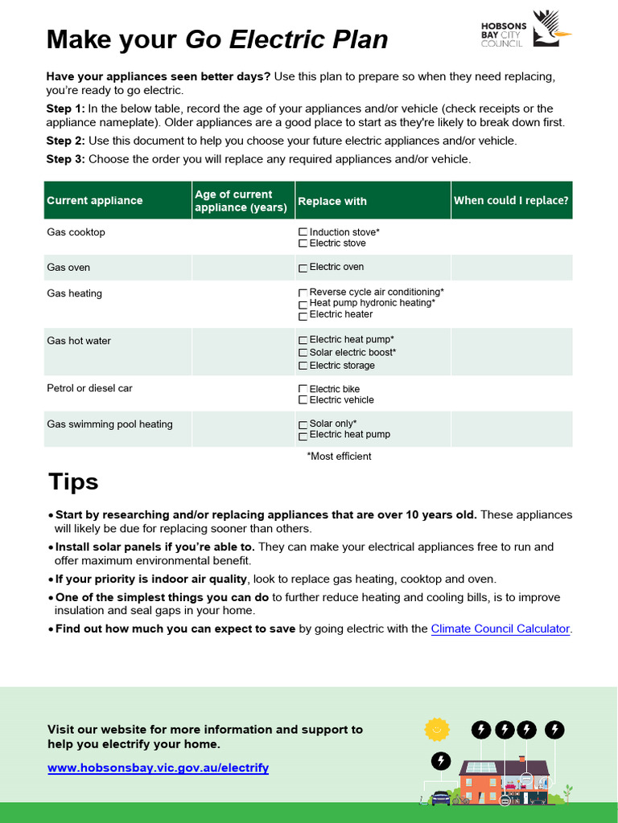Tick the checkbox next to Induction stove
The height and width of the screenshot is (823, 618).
tap(303, 232)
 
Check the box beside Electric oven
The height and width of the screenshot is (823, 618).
tap(303, 268)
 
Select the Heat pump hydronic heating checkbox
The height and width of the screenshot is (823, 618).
tap(303, 304)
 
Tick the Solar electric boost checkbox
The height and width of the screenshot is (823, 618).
tap(303, 353)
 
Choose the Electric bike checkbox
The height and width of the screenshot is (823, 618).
tap(303, 389)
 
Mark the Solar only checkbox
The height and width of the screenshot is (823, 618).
tap(303, 424)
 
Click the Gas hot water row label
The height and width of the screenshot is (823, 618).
tap(79, 341)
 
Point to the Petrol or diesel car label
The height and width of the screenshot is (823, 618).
tap(89, 388)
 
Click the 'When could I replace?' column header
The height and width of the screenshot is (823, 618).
tap(511, 201)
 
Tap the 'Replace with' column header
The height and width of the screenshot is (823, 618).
tap(332, 202)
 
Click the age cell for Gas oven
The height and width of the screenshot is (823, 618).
tap(242, 268)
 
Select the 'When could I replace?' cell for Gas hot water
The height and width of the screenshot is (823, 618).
tap(511, 352)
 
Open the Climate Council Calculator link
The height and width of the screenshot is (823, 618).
tap(501, 629)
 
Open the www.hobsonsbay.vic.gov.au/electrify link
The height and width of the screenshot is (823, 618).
tap(158, 768)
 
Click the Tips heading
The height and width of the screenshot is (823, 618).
tap(73, 482)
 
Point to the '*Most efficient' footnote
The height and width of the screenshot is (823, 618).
tap(339, 457)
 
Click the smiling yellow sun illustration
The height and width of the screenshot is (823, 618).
tap(436, 729)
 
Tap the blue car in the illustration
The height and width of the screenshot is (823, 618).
tap(441, 797)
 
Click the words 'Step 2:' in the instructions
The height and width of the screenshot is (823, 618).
tap(65, 141)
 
